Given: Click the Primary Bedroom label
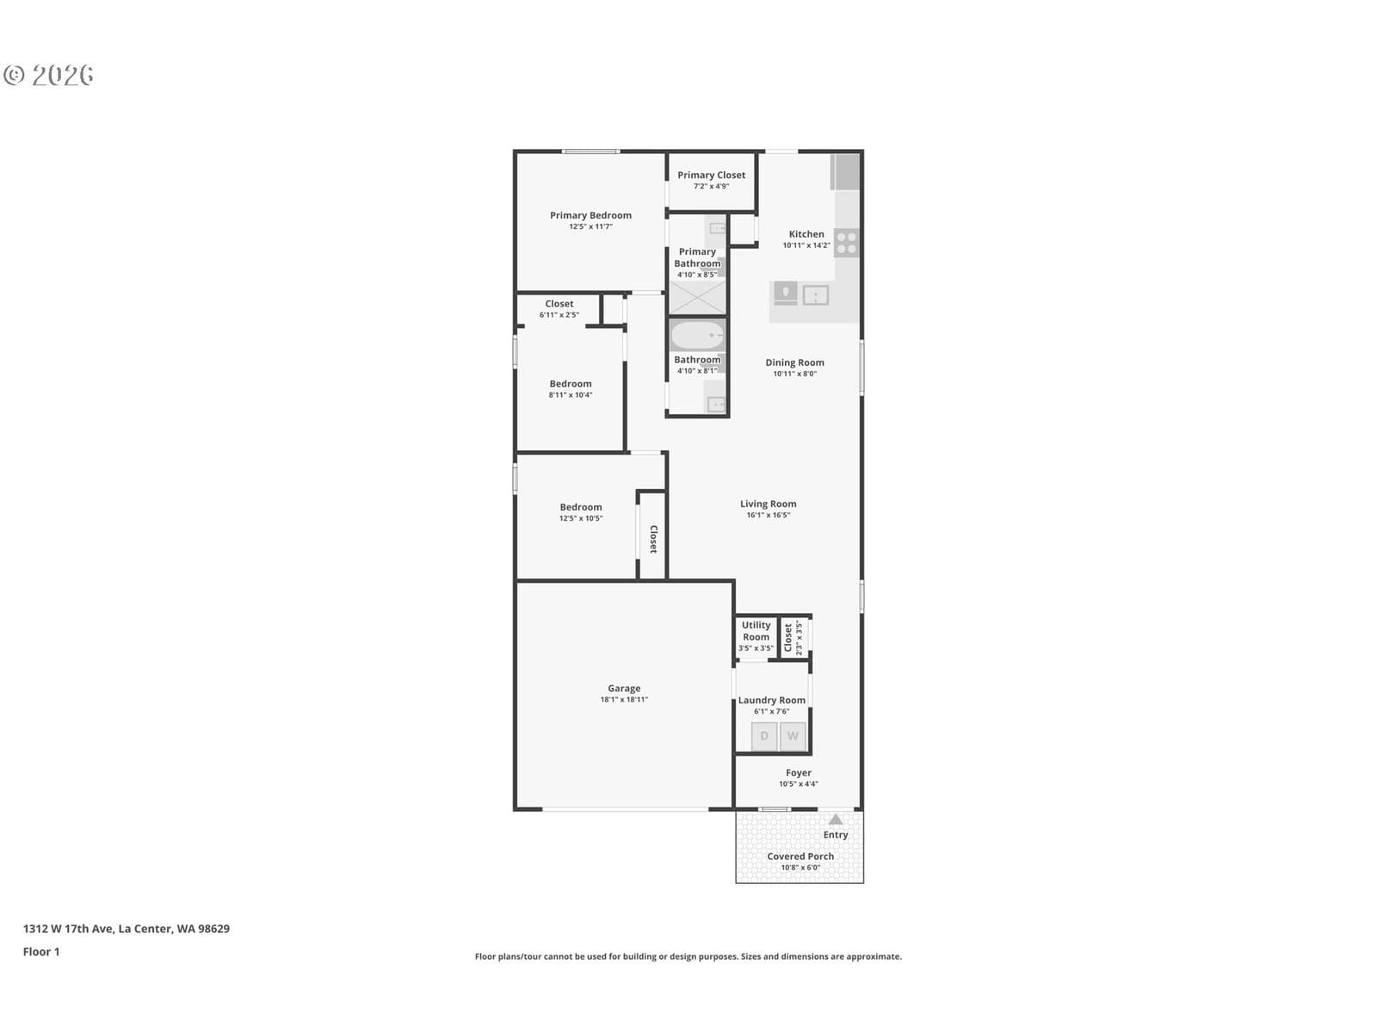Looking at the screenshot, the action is click(590, 215).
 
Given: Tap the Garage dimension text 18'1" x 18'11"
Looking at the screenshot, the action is click(624, 699).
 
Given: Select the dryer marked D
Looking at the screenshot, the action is click(764, 736).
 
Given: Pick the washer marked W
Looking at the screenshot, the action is click(793, 736).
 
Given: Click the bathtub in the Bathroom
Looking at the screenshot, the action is click(697, 336).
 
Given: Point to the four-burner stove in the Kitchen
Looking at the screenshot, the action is click(846, 243).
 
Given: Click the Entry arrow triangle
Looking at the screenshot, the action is click(835, 820).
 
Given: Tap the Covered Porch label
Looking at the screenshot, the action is click(800, 857).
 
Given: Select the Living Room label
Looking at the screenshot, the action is click(768, 504).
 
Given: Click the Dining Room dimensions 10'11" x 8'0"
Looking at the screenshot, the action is click(794, 374).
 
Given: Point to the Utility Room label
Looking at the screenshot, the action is click(756, 631).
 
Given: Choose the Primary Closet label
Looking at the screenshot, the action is click(712, 175).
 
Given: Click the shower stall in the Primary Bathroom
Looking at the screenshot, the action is click(697, 298).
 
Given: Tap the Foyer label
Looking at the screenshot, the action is click(799, 773).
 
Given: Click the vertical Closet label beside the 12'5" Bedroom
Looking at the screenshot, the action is click(653, 540).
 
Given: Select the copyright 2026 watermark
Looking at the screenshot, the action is click(48, 75).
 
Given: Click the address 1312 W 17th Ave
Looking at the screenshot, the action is click(68, 928).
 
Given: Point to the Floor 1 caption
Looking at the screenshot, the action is click(41, 951).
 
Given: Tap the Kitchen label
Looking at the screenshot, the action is click(806, 234).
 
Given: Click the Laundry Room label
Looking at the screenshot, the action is click(772, 700).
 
